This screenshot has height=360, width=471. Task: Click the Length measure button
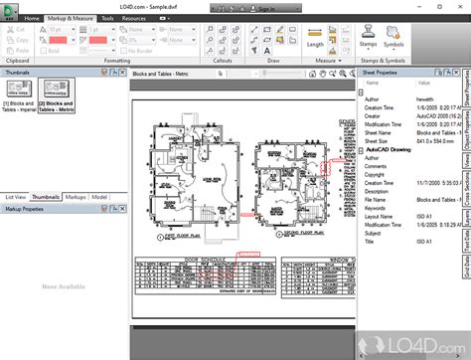[x=315, y=44]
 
